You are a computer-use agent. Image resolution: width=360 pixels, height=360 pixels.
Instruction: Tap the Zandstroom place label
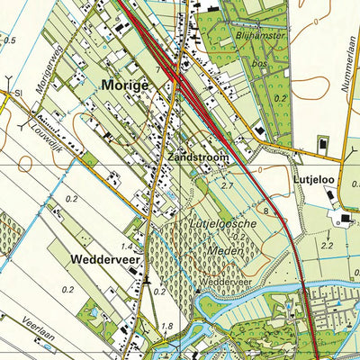tap(197, 157)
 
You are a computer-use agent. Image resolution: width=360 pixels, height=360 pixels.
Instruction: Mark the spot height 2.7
tap(228, 184)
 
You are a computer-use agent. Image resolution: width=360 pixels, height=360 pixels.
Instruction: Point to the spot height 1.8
tap(166, 326)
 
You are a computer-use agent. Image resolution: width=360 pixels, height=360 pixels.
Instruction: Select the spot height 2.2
tap(327, 245)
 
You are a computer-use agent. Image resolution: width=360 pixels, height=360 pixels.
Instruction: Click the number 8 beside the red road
tap(266, 211)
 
